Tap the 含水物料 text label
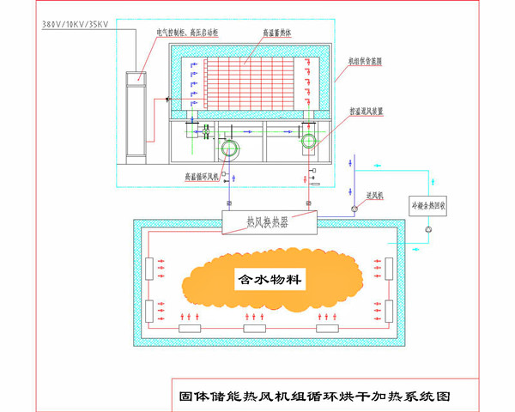coord(270,280)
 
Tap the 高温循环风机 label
coord(203,177)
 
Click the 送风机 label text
coord(375,197)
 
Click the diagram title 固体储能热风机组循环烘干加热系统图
coord(314,397)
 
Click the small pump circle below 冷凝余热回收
coord(431,229)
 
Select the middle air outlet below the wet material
coord(255,328)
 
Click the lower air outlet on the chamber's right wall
coord(391,310)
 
